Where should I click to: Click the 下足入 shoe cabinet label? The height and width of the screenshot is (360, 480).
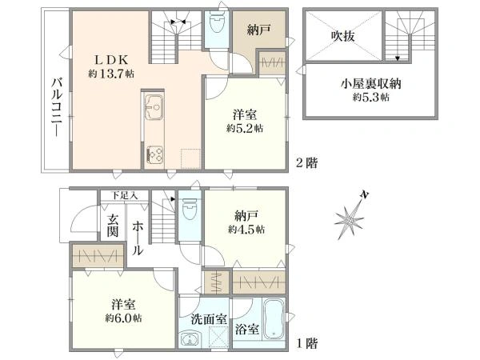coord(124,195)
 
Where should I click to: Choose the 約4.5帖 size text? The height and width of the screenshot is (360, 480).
coord(246,230)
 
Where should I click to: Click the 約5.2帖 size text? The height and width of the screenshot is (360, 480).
coord(244,128)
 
